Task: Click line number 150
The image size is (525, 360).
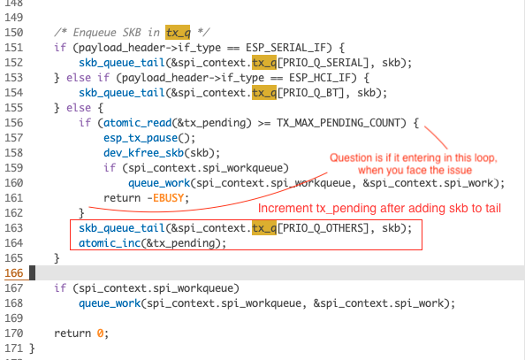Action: pos(15,33)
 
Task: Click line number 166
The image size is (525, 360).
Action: pos(15,273)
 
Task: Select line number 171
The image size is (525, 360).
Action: pos(15,349)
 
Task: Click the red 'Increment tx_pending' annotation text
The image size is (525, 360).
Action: pos(377,208)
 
